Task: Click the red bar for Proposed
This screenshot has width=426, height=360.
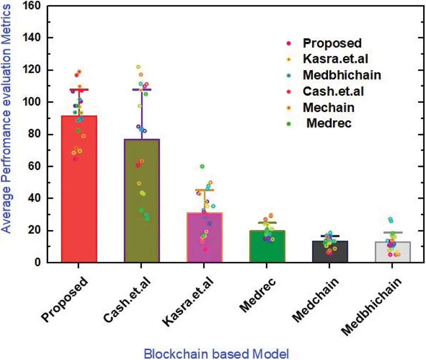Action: (x=79, y=191)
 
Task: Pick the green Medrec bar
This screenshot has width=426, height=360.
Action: (x=267, y=247)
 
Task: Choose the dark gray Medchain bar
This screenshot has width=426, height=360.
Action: (x=329, y=252)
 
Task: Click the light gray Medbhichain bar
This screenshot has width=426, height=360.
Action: (x=392, y=253)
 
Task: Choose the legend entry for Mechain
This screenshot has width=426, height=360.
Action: (x=329, y=108)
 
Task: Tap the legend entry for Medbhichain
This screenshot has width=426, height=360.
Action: (x=342, y=75)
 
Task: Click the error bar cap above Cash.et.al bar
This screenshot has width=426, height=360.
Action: (x=142, y=90)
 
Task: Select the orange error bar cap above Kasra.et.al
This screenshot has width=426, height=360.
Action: (x=204, y=190)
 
